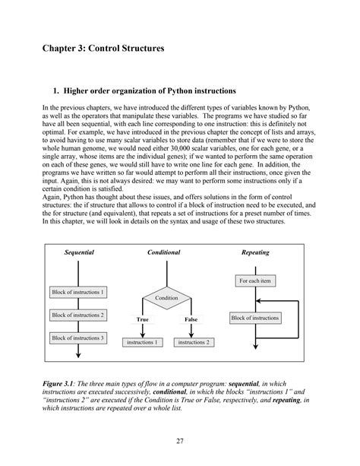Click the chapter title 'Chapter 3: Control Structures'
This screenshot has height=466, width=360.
[x=103, y=49]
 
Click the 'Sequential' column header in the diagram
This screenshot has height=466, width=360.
[x=79, y=251]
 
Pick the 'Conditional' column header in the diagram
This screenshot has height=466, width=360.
[x=164, y=251]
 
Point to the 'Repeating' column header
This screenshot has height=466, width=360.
[x=254, y=251]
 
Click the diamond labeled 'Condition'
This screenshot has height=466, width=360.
[x=166, y=298]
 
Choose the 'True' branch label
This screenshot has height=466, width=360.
[x=142, y=320]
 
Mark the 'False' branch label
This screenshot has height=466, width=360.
[x=191, y=320]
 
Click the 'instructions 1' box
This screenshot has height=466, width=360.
[x=142, y=343]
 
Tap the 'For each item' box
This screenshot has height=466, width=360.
[x=254, y=281]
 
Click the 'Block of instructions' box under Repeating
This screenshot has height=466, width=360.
[x=255, y=318]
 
